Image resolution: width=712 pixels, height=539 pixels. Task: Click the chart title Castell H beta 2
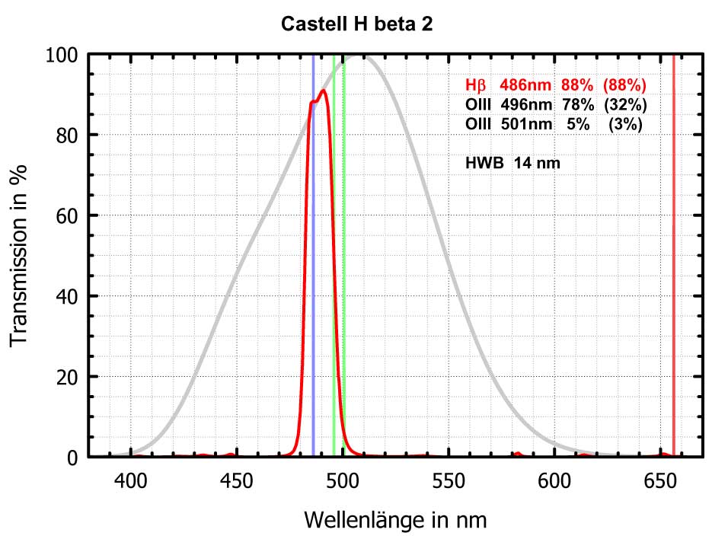pos(357,24)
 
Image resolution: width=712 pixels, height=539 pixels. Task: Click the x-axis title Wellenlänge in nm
pos(395,520)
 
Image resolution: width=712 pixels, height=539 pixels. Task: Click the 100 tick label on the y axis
pos(62,55)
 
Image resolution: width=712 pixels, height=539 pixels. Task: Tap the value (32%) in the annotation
pos(625,104)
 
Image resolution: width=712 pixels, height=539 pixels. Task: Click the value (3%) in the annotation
pos(628,123)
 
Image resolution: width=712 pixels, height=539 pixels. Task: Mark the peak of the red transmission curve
pos(324,91)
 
